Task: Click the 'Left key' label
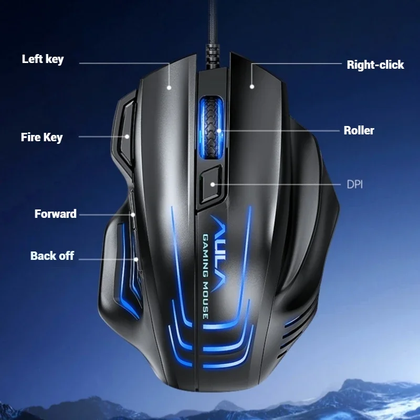[x=43, y=59]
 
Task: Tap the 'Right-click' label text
[x=375, y=65]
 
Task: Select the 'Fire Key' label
[x=41, y=138]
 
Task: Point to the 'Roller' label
[x=359, y=131]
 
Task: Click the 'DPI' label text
[x=355, y=184]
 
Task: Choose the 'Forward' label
[x=56, y=214]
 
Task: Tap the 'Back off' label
[x=52, y=256]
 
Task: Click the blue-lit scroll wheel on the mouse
[x=212, y=125]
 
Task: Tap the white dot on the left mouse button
[x=170, y=87]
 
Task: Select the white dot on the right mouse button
[x=252, y=87]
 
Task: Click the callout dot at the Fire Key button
[x=128, y=137]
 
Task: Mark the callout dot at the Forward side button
[x=133, y=214]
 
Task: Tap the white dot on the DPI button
[x=213, y=184]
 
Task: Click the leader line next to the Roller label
[x=278, y=131]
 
